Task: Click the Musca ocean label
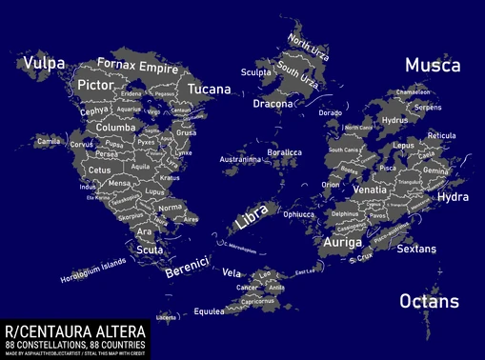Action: point(433,66)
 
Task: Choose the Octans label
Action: point(429,302)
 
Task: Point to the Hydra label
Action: point(453,197)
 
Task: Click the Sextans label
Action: point(415,249)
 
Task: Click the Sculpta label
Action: point(256,71)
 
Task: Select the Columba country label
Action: point(115,127)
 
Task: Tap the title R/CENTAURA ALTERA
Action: point(74,330)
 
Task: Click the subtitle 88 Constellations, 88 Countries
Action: point(74,343)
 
